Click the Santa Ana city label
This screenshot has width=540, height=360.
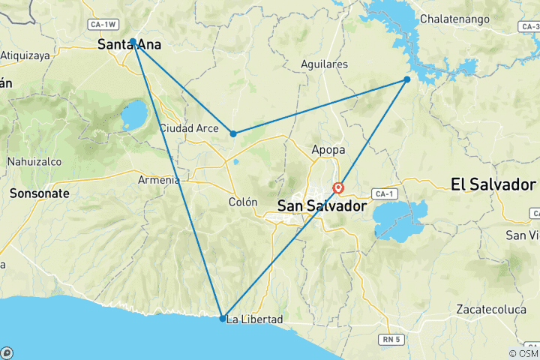click(129, 45)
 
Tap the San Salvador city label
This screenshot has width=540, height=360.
click(322, 205)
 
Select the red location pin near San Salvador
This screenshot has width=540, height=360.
click(338, 187)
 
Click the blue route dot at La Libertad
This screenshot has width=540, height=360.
click(223, 319)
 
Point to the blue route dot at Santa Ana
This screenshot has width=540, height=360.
click(133, 41)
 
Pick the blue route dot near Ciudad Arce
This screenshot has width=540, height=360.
click(233, 133)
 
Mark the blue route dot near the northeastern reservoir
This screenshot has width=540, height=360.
click(407, 79)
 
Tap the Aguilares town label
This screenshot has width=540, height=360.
click(323, 64)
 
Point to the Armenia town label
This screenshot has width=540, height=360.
click(159, 180)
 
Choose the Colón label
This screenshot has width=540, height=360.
click(243, 202)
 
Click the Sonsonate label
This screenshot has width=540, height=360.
click(40, 193)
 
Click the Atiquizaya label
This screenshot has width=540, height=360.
click(24, 55)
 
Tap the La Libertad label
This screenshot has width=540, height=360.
click(255, 319)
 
